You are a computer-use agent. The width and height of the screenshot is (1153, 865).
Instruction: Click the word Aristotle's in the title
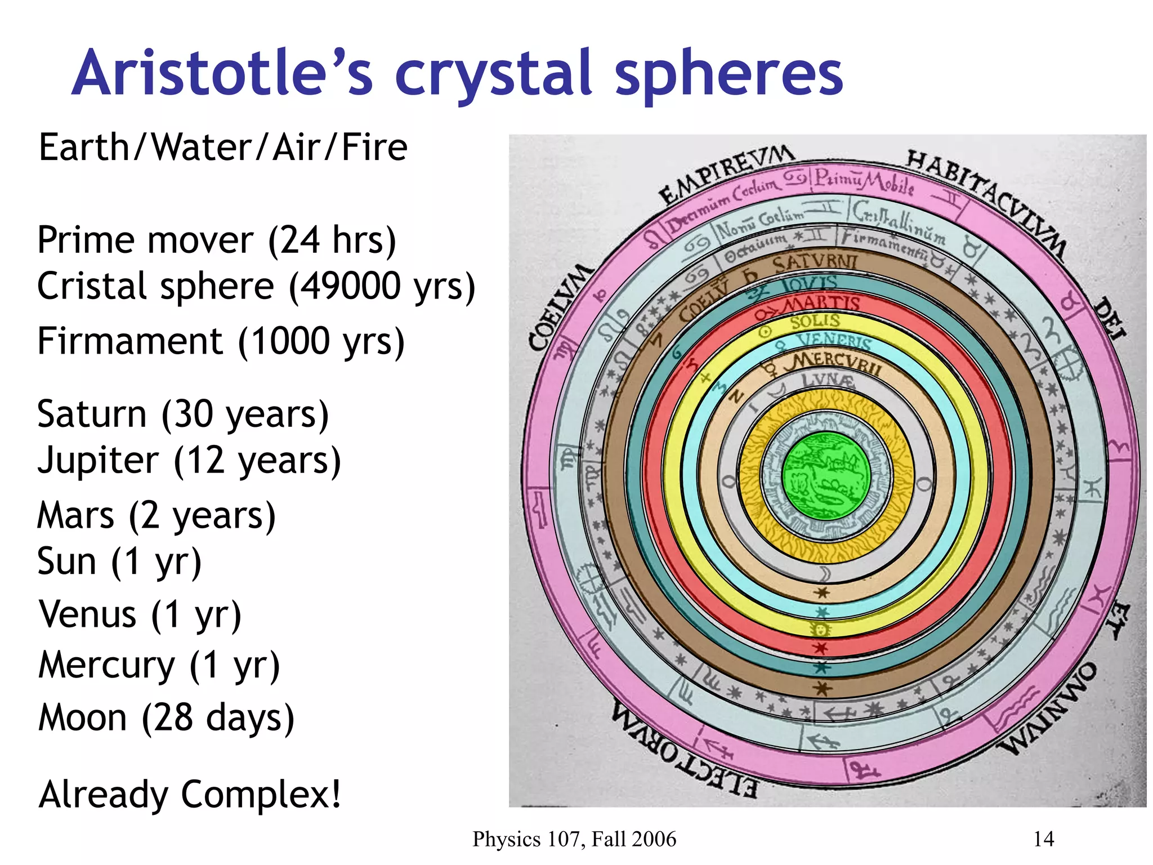point(222,73)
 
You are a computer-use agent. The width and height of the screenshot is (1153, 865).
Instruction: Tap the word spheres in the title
point(729,76)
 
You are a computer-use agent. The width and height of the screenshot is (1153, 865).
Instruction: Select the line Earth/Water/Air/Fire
point(223,148)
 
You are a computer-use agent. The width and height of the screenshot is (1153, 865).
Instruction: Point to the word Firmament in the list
point(130,341)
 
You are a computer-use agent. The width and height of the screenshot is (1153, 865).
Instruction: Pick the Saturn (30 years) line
point(183,414)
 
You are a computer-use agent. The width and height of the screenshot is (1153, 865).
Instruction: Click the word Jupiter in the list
point(98,461)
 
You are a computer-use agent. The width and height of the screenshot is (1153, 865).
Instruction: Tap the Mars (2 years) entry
point(157,515)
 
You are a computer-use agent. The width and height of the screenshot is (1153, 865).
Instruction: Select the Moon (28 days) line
point(167,718)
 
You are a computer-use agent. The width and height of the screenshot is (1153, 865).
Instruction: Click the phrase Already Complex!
point(190,794)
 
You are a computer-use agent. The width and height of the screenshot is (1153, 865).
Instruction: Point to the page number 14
point(1043,839)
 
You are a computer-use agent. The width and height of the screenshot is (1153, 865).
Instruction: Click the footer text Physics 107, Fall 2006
point(574,839)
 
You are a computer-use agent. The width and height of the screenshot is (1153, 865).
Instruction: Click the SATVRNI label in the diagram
point(814,263)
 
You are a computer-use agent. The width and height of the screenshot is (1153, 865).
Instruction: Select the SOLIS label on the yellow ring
point(815,322)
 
